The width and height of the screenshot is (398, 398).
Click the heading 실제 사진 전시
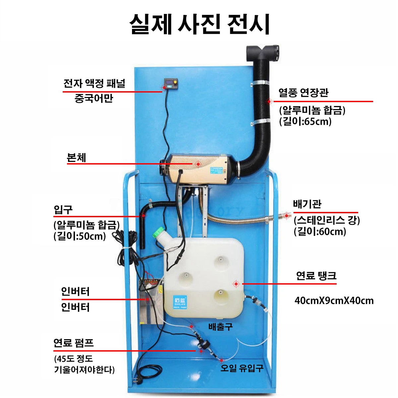point(200,24)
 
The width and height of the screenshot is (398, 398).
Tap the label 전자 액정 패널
point(94,84)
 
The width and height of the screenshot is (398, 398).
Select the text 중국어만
point(94,98)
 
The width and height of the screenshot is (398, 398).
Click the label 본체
point(76,158)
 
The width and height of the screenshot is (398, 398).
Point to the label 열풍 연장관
point(303,93)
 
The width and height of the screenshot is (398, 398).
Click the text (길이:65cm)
point(305,121)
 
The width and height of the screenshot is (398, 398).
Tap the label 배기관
point(307,204)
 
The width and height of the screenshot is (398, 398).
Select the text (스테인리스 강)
point(327,220)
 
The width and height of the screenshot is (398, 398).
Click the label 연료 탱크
point(316,275)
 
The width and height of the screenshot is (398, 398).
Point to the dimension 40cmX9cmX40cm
point(334,300)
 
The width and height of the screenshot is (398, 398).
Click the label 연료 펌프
point(74,343)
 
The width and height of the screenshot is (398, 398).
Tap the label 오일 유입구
point(242,368)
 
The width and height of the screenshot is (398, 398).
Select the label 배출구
point(220,327)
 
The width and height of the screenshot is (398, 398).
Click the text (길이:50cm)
point(80,236)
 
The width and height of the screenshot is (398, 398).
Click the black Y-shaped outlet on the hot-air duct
point(262,53)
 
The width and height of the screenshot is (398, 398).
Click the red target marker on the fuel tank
point(236,284)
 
